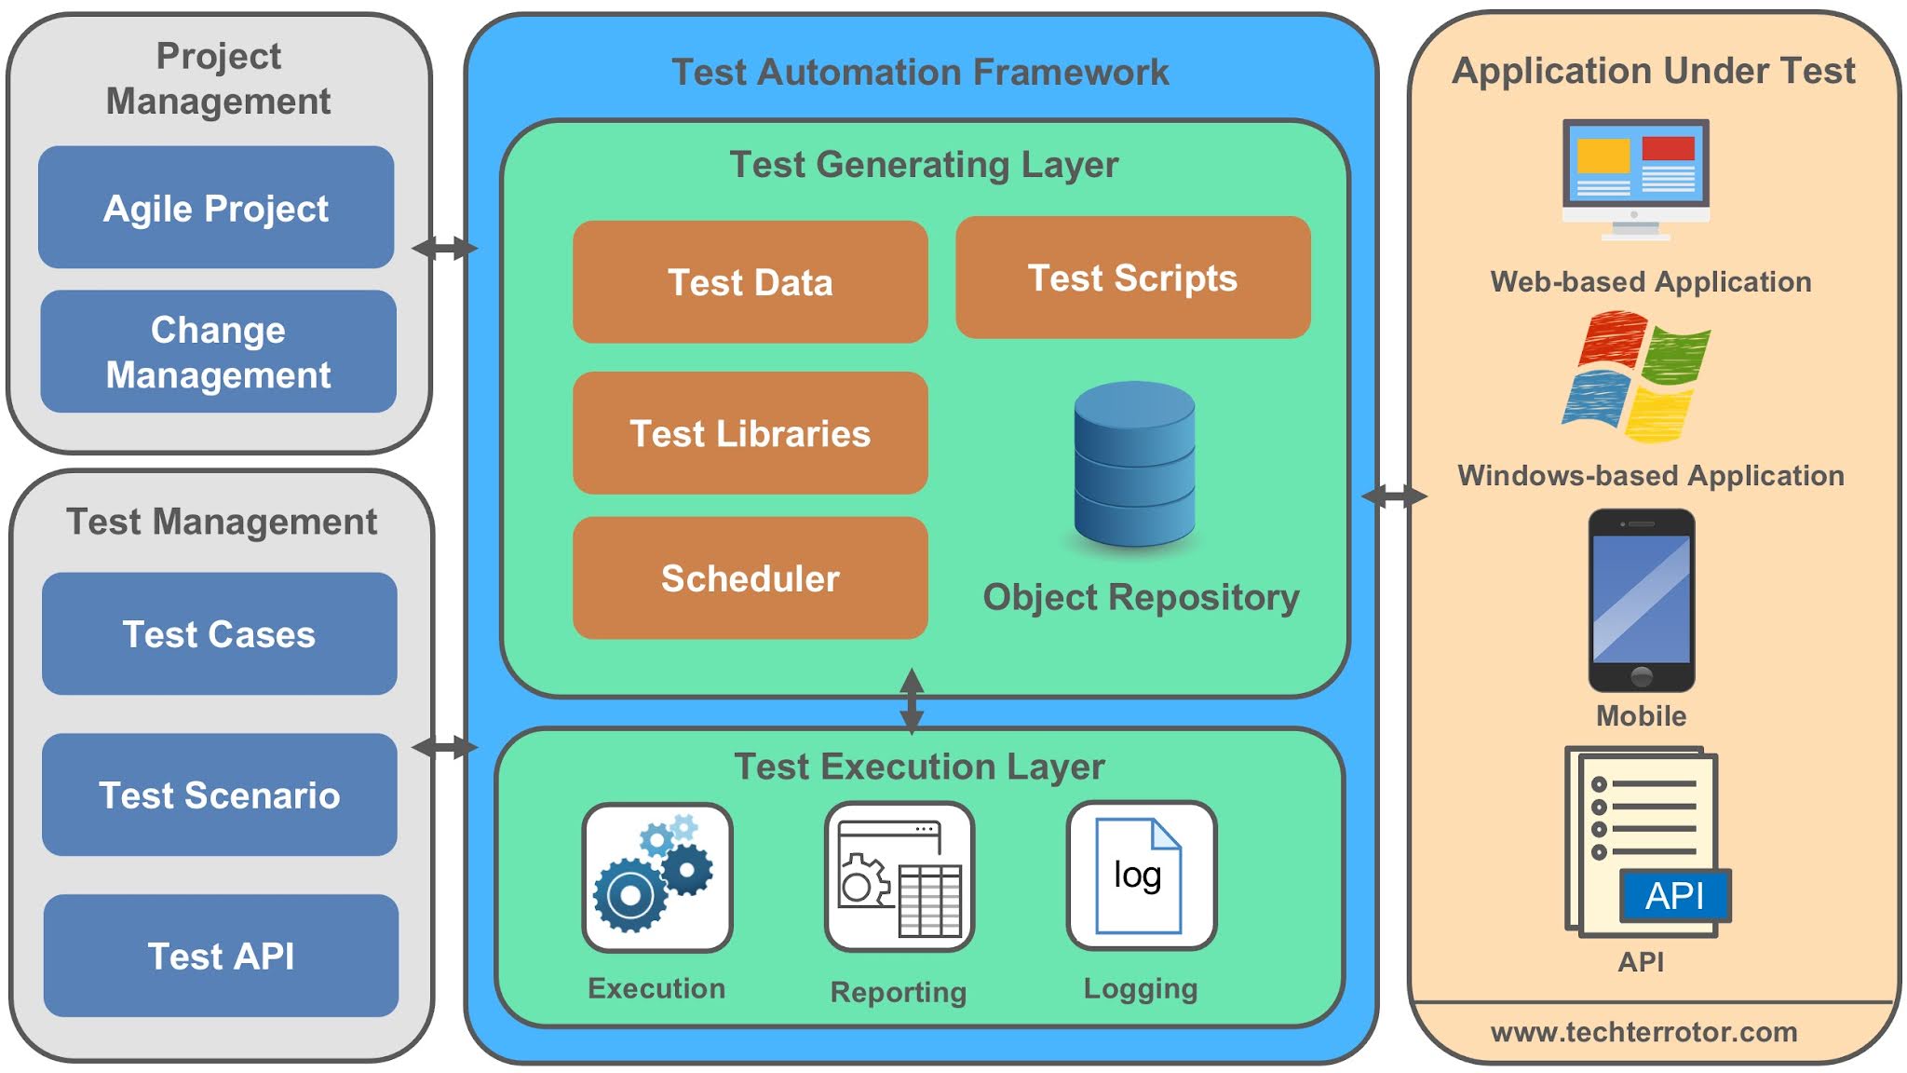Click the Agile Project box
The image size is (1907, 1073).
tap(216, 208)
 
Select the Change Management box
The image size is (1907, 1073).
tap(218, 351)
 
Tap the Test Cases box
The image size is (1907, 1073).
tap(220, 634)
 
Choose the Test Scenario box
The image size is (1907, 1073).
tap(220, 795)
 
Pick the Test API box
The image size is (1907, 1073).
tap(221, 956)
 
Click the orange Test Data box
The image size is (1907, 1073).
tap(750, 282)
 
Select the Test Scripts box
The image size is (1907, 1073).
tap(1132, 278)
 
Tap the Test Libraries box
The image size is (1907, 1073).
tap(750, 433)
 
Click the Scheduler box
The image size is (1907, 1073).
tap(750, 578)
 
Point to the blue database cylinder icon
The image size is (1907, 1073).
tap(1134, 464)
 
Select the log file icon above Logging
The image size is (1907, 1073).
tap(1140, 876)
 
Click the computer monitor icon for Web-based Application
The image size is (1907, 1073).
tap(1635, 177)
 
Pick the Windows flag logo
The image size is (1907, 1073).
tap(1636, 377)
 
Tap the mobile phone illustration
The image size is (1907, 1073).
tap(1641, 600)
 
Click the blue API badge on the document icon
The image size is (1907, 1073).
tap(1674, 895)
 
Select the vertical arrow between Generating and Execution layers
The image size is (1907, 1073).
tap(912, 700)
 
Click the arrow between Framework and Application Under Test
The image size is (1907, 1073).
tap(1394, 496)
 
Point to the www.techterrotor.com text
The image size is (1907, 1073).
tap(1643, 1032)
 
